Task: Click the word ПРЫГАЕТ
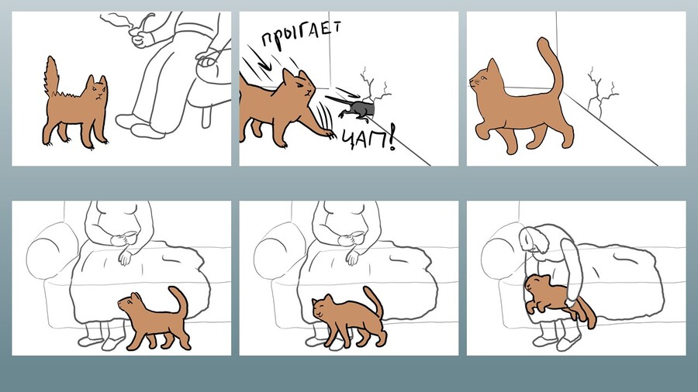tap(302, 34)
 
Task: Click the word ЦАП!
tap(368, 138)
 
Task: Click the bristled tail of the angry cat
tap(52, 77)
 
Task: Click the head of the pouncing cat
tap(300, 87)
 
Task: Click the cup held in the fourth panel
tap(129, 236)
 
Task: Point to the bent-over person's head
tap(534, 240)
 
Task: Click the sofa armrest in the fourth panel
tap(50, 249)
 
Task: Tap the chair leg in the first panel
tap(206, 117)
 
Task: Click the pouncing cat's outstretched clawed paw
tap(327, 132)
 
